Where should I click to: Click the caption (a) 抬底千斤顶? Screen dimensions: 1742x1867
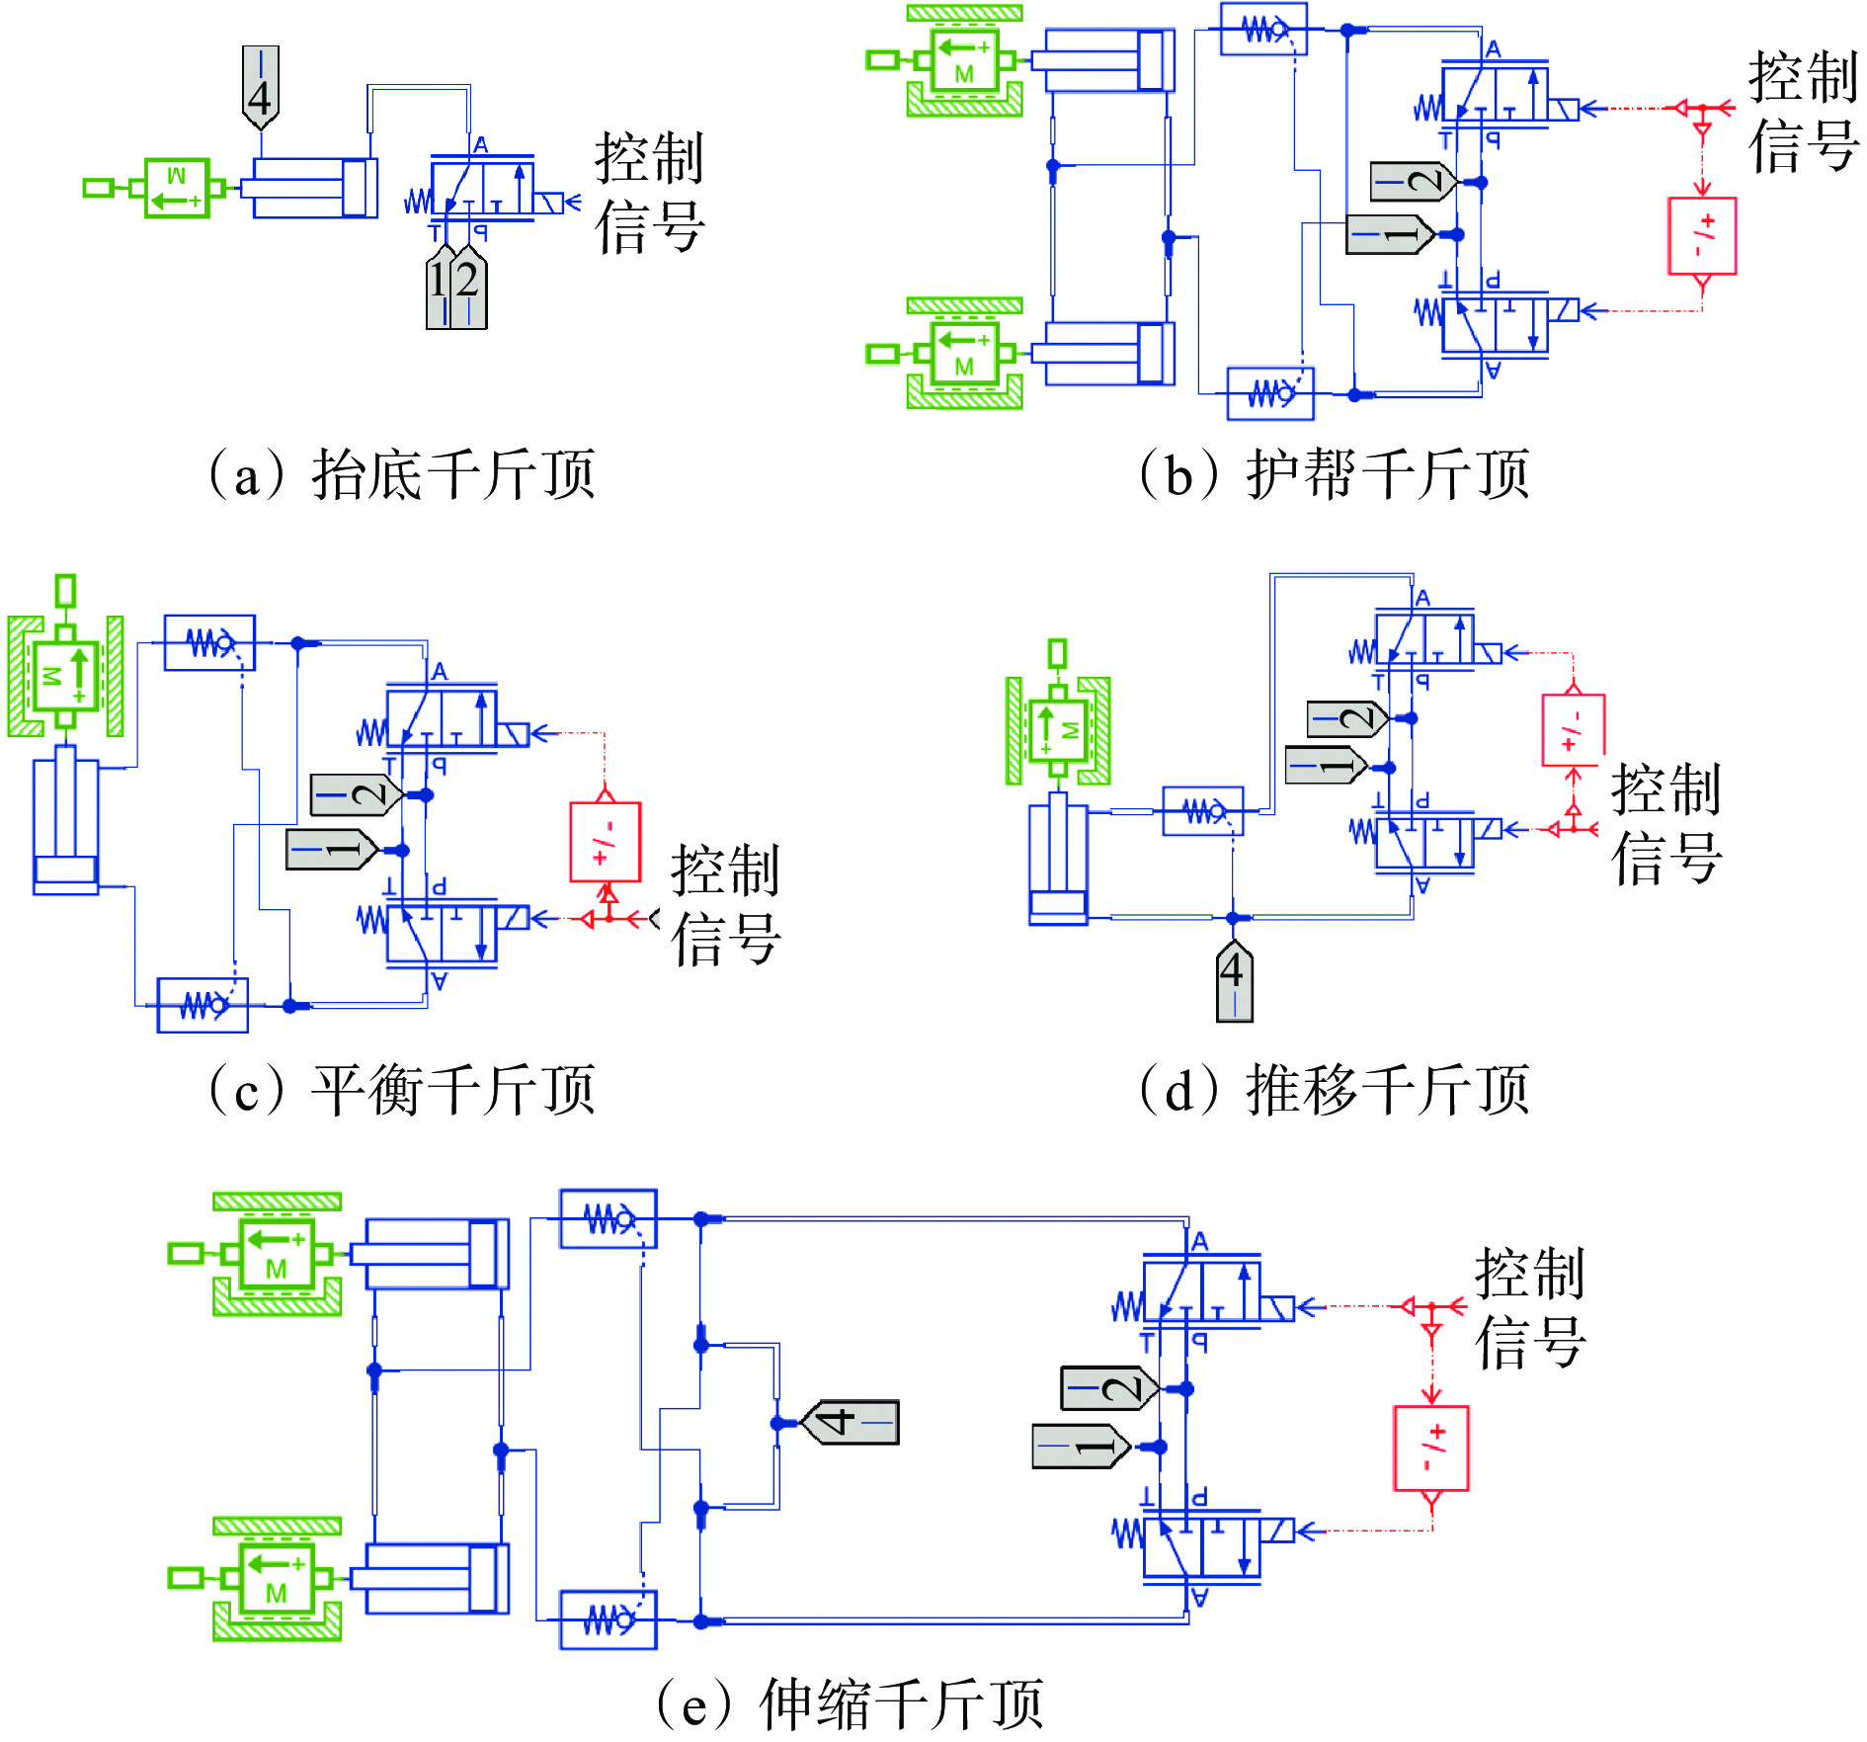(401, 474)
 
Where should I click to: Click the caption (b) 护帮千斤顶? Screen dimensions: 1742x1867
(1334, 474)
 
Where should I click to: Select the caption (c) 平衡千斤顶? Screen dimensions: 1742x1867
(401, 1090)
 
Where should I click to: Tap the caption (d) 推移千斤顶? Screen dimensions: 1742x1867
(1334, 1090)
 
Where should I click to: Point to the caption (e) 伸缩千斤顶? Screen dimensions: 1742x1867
(850, 1703)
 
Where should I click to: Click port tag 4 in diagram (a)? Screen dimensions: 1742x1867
(261, 87)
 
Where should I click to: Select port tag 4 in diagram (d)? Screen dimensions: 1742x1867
(1234, 980)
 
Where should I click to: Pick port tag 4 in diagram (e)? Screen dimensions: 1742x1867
(850, 1422)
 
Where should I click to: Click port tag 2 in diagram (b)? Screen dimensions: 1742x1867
(1414, 182)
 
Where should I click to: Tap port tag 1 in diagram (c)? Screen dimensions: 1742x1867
(332, 850)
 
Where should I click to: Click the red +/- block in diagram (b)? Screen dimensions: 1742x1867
(1702, 236)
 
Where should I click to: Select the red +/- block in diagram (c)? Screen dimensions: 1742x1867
(606, 842)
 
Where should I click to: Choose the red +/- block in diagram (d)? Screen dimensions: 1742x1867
(1573, 730)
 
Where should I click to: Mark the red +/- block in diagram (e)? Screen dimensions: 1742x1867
(1431, 1449)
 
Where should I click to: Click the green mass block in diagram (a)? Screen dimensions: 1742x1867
(178, 188)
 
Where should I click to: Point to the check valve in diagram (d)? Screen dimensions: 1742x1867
(1202, 811)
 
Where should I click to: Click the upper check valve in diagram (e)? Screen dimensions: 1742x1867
(609, 1219)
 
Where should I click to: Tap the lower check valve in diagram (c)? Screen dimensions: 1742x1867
(203, 1006)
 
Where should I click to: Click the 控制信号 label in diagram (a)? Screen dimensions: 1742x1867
(649, 193)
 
